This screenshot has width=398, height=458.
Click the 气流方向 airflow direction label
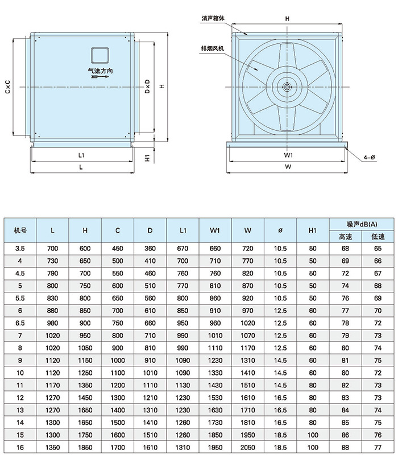point(100,71)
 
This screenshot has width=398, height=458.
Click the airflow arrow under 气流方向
point(100,77)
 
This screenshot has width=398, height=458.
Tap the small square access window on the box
point(100,56)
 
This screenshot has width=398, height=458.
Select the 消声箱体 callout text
point(213,18)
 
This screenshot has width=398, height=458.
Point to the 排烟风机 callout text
point(212,48)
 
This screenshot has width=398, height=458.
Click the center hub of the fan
point(287,86)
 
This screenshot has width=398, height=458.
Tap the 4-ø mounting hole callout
point(369,158)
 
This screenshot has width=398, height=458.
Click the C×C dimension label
point(8,86)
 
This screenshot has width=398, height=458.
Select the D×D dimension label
point(147,86)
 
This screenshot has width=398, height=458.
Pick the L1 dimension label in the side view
point(81,155)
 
